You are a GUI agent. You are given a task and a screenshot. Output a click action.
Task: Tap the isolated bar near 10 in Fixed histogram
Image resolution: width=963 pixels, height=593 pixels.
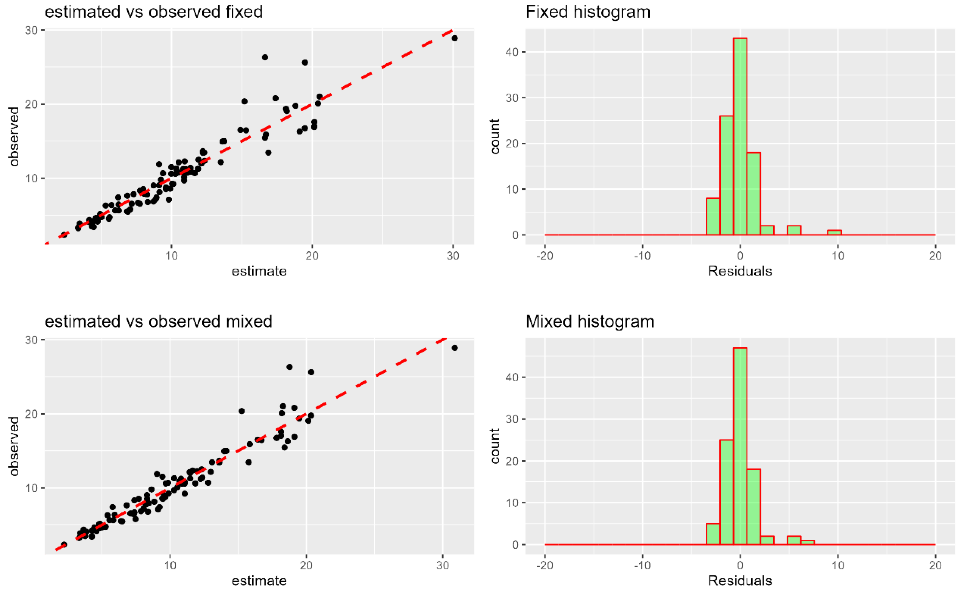click(x=834, y=232)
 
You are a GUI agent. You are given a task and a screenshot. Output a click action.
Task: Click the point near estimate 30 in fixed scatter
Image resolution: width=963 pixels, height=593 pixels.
click(x=455, y=38)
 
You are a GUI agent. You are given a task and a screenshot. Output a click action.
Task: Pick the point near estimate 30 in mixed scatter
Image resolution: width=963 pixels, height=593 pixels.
click(x=455, y=348)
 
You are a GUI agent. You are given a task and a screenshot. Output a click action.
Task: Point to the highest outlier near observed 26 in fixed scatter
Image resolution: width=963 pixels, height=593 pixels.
click(x=265, y=57)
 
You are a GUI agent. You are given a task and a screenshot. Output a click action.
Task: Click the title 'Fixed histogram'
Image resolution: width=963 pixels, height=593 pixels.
click(x=588, y=12)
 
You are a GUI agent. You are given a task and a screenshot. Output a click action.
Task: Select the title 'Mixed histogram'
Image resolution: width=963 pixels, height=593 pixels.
click(x=590, y=322)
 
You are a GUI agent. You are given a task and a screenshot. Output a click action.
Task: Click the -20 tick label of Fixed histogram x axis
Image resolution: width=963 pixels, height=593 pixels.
click(x=544, y=256)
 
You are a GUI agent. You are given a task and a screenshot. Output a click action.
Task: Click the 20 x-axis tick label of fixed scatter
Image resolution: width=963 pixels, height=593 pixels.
click(x=312, y=256)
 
